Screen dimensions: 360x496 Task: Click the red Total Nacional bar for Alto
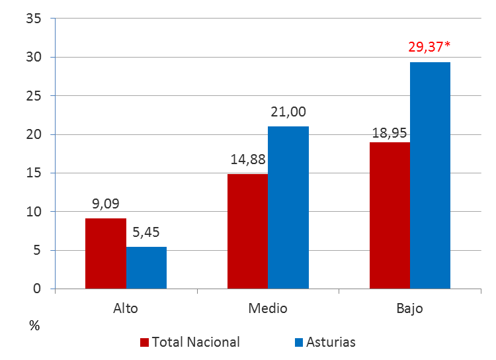pos(106,253)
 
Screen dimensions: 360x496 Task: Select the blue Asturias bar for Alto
pos(146,268)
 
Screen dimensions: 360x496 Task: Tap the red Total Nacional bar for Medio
pos(247,232)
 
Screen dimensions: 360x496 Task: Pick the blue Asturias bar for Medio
pos(288,208)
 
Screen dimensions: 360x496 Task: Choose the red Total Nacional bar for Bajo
pos(390,216)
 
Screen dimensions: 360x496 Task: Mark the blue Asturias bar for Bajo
pos(431,175)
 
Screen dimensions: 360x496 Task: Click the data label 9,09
pos(106,204)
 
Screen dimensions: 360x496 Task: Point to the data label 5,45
pos(146,232)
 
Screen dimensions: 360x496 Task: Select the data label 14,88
pos(248,159)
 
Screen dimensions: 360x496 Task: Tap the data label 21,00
pos(288,112)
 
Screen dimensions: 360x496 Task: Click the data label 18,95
pos(390,128)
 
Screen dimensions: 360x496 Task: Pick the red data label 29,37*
pos(431,47)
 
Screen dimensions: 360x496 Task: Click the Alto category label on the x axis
pos(126,308)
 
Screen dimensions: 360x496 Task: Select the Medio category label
pos(268,308)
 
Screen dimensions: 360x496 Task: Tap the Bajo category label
pos(410,308)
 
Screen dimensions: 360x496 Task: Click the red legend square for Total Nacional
pos(144,342)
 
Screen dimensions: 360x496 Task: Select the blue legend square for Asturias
pos(299,342)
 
